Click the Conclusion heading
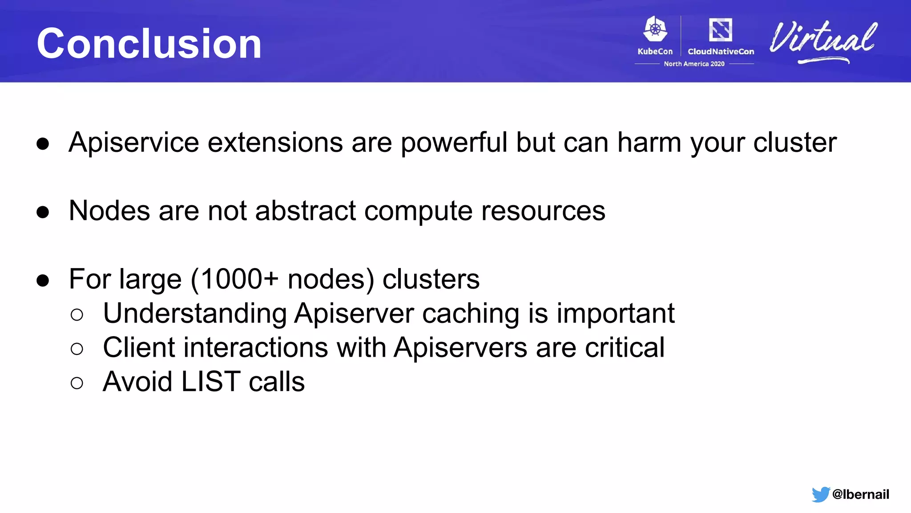[x=149, y=44]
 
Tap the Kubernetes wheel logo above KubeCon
[x=655, y=29]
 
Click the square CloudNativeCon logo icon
[x=720, y=30]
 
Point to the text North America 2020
[x=694, y=64]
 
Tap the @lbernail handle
[x=860, y=494]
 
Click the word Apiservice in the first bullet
[x=134, y=143]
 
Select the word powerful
[x=454, y=143]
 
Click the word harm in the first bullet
[x=649, y=143]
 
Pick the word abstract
[x=306, y=211]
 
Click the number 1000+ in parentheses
[x=239, y=280]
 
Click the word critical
[x=624, y=348]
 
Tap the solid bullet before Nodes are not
[x=43, y=212]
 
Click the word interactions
[x=255, y=348]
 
